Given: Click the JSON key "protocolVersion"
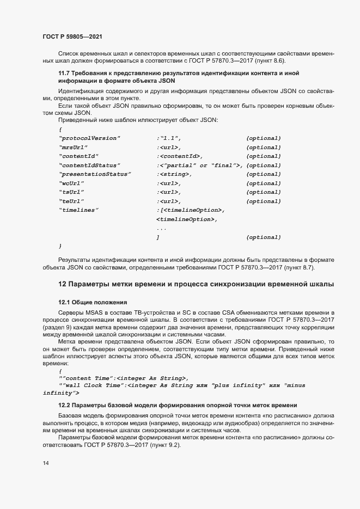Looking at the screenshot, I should tap(89, 138).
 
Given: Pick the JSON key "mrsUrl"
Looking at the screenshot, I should tap(74, 147).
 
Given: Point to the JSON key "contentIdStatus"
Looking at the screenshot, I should tap(89, 165).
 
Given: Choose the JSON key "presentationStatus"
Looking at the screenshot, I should tap(95, 174).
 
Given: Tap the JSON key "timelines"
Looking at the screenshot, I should tap(78, 210).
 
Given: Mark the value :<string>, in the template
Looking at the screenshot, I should tap(174, 174).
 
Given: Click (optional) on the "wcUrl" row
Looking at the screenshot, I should tap(264, 183).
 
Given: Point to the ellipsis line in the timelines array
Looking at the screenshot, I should tap(161, 228).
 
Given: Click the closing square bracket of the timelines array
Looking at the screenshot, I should tap(158, 237).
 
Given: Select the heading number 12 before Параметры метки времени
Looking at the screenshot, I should tap(62, 284).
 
